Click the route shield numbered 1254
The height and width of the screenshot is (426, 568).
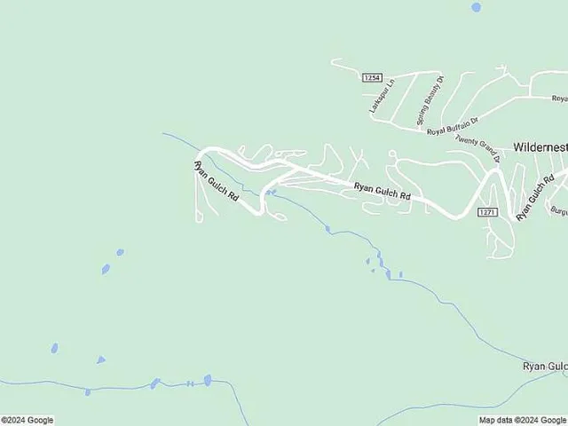click(x=371, y=78)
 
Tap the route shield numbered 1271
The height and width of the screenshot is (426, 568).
click(x=486, y=212)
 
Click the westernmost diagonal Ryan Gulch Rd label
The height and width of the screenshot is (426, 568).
click(x=216, y=183)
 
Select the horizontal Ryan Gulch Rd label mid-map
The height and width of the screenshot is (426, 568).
click(x=383, y=190)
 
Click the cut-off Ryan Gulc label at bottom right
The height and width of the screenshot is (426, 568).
click(x=544, y=366)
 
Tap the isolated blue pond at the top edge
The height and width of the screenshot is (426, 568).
click(x=477, y=7)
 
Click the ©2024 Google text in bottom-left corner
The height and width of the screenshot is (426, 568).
click(x=28, y=420)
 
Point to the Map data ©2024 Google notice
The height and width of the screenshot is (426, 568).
click(x=521, y=420)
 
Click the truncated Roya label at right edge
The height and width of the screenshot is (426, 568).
click(x=559, y=98)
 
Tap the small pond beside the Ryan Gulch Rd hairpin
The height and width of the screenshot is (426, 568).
click(x=271, y=193)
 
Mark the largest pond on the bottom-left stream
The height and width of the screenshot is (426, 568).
click(x=208, y=380)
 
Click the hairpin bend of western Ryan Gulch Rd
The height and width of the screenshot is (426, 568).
click(x=264, y=206)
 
